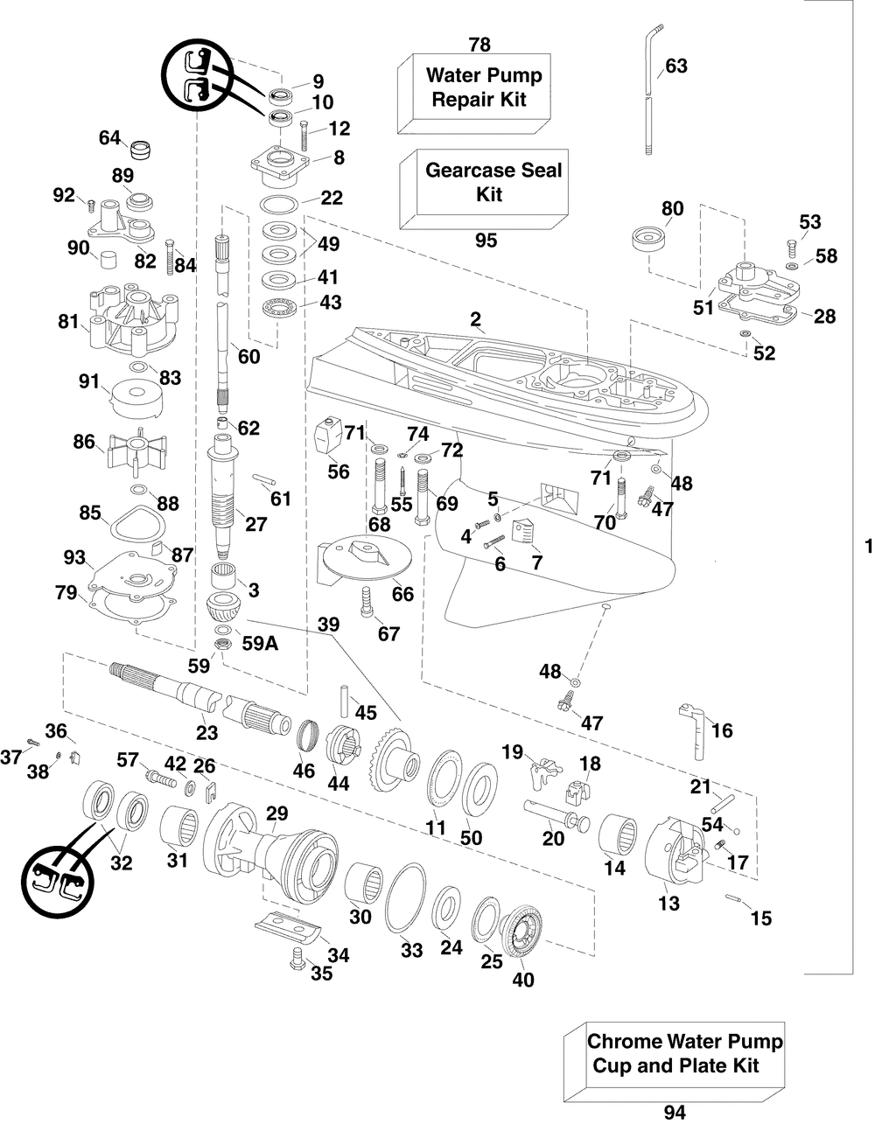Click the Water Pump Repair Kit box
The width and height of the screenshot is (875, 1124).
(x=474, y=93)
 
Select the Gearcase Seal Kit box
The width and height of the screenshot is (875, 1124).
(x=484, y=189)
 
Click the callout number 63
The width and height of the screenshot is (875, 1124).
(x=676, y=66)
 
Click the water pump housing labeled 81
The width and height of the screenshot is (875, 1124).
(x=134, y=319)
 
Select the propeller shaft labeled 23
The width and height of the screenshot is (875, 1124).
(x=202, y=702)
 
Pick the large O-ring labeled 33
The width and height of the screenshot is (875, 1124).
(x=406, y=900)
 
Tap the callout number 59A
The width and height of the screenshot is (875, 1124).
(x=260, y=644)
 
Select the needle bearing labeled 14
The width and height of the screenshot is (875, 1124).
(x=618, y=834)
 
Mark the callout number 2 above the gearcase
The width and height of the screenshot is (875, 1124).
(x=475, y=318)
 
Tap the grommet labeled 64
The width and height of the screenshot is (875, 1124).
(x=139, y=150)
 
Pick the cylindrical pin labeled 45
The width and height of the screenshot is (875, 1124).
(x=345, y=702)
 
